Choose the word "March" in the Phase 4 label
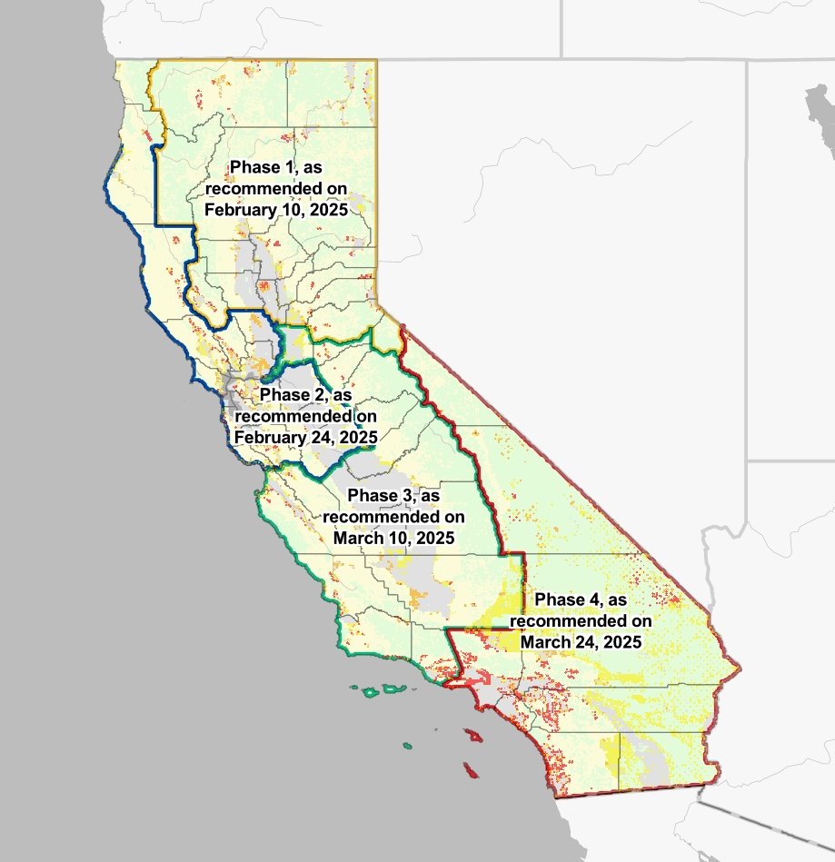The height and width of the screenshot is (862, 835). tap(547, 641)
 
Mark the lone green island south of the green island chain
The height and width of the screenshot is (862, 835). tap(408, 747)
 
